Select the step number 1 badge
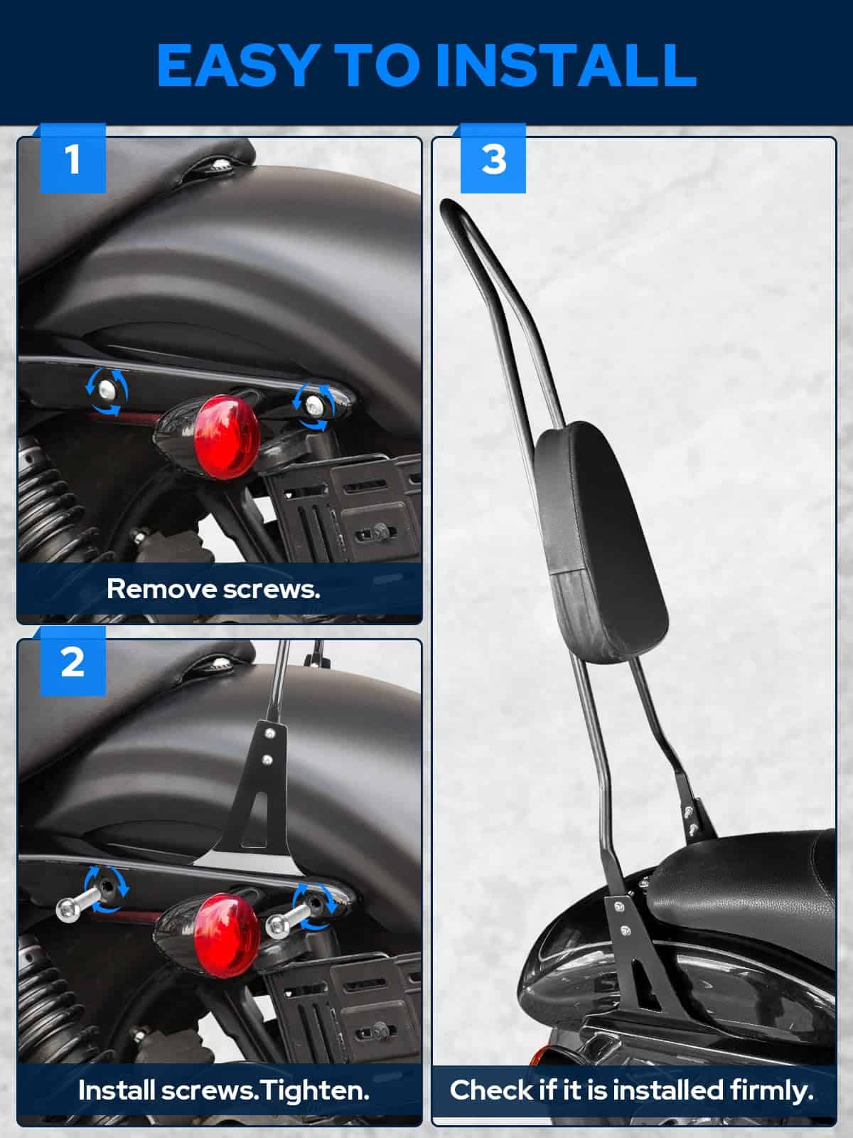coord(73,159)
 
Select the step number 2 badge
coord(73,662)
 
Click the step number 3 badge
coord(493,159)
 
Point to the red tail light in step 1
coord(227,437)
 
